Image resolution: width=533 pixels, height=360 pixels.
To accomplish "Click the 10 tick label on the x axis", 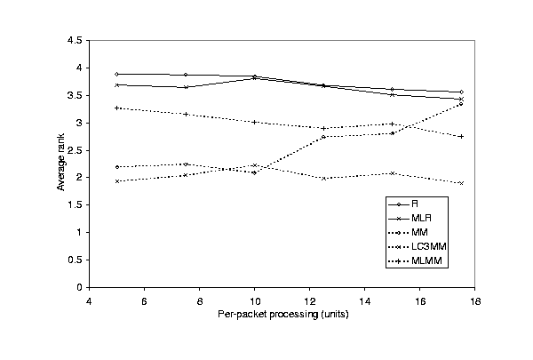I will pyautogui.click(x=254, y=300).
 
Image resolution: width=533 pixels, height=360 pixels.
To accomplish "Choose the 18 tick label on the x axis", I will pyautogui.click(x=475, y=300).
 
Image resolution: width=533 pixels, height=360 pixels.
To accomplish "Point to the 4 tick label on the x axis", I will pyautogui.click(x=89, y=300).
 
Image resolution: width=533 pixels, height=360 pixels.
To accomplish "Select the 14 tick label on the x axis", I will pyautogui.click(x=365, y=300).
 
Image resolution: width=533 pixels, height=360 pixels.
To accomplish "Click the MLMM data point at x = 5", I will pyautogui.click(x=116, y=108).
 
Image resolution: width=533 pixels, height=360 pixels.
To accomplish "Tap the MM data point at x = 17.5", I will pyautogui.click(x=461, y=104).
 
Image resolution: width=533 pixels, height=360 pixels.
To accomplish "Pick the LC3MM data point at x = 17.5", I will pyautogui.click(x=461, y=183).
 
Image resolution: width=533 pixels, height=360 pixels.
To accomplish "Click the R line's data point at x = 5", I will pyautogui.click(x=116, y=74).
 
